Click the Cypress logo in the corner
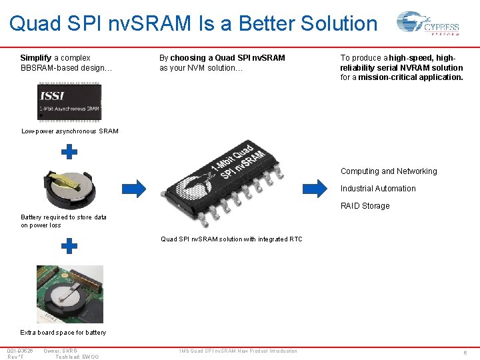(427, 25)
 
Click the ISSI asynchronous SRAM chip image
(69, 102)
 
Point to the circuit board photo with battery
(70, 294)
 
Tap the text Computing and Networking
(389, 171)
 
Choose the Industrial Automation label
(378, 189)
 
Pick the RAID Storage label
(365, 206)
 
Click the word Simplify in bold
(36, 58)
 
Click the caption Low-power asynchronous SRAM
(70, 131)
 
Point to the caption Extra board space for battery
(63, 332)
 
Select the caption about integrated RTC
(231, 239)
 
